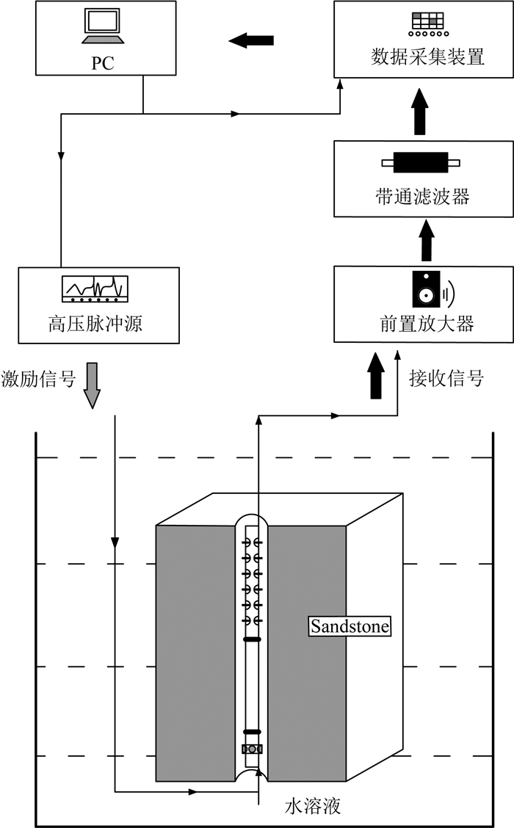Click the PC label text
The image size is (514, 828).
click(x=103, y=62)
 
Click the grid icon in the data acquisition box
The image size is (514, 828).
click(x=427, y=22)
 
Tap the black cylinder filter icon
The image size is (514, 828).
click(x=420, y=162)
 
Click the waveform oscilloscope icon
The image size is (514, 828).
click(x=95, y=288)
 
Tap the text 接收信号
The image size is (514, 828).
click(x=446, y=379)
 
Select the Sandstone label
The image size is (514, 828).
click(x=349, y=627)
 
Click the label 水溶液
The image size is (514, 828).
click(x=313, y=805)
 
